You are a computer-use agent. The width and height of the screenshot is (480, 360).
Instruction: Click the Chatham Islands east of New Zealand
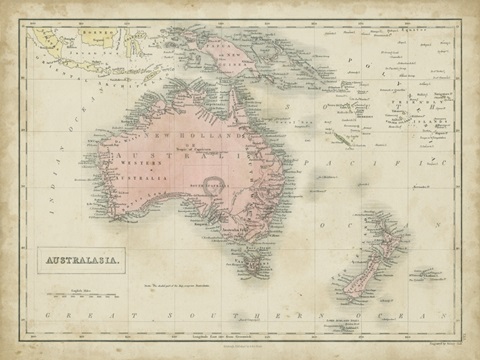[x=426, y=271]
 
